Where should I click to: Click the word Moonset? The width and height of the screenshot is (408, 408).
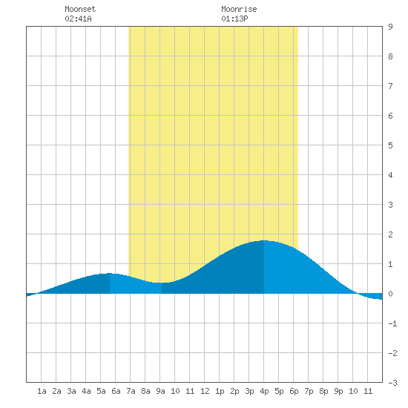80,9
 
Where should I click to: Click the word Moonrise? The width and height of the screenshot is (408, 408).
239,9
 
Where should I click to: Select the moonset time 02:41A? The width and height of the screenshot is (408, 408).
78,19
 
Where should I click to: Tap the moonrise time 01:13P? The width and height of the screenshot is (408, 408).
234,19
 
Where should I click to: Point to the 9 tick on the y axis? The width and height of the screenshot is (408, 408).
390,27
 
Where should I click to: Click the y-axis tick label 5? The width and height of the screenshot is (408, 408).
390,145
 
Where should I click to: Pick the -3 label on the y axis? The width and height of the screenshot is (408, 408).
392,383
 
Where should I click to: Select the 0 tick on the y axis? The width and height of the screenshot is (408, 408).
390,294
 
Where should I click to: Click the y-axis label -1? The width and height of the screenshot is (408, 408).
392,323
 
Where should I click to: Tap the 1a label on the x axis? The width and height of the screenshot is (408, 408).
42,391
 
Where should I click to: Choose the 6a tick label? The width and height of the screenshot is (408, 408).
116,391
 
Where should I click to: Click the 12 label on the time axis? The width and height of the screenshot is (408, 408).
205,391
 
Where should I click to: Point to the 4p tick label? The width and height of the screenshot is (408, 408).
264,391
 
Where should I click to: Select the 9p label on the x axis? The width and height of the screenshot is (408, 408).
338,391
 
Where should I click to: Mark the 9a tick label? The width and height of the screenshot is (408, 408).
160,391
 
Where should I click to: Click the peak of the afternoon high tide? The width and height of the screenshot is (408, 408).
264,240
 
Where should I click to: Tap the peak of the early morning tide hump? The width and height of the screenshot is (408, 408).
110,273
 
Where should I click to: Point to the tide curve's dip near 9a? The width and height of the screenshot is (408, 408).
161,283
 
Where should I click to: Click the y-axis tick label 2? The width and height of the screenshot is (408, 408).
390,234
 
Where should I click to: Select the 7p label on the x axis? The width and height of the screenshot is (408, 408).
309,391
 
